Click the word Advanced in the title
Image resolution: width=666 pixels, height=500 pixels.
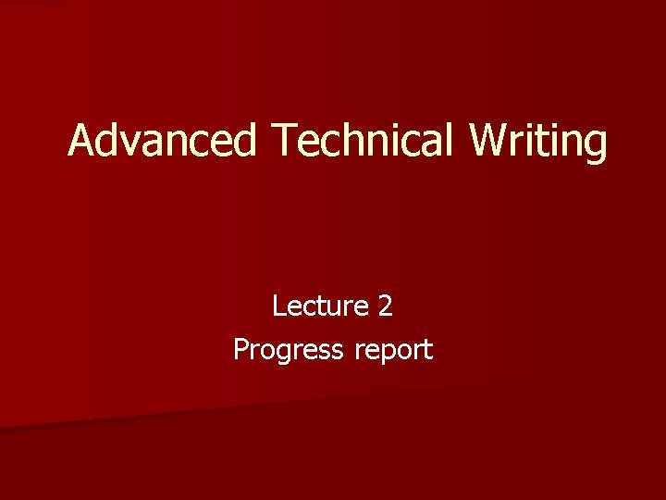point(162,141)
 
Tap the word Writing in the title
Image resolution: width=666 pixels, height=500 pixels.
point(538,141)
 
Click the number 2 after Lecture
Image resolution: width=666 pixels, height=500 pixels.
point(386,306)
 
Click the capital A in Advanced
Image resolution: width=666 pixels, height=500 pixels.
point(83,141)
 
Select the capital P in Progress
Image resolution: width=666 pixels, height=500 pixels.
point(240,349)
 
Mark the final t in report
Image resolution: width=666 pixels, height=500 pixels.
point(427,350)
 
